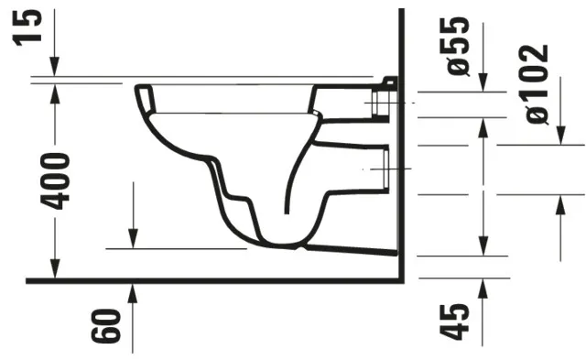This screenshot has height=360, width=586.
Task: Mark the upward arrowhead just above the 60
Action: pyautogui.click(x=134, y=292)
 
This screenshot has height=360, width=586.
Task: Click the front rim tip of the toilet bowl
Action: pyautogui.click(x=139, y=90)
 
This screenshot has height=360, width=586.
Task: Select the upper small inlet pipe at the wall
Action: pyautogui.click(x=384, y=104)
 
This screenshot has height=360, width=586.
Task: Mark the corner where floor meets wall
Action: pyautogui.click(x=402, y=279)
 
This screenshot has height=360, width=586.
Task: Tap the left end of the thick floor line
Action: pyautogui.click(x=27, y=280)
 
